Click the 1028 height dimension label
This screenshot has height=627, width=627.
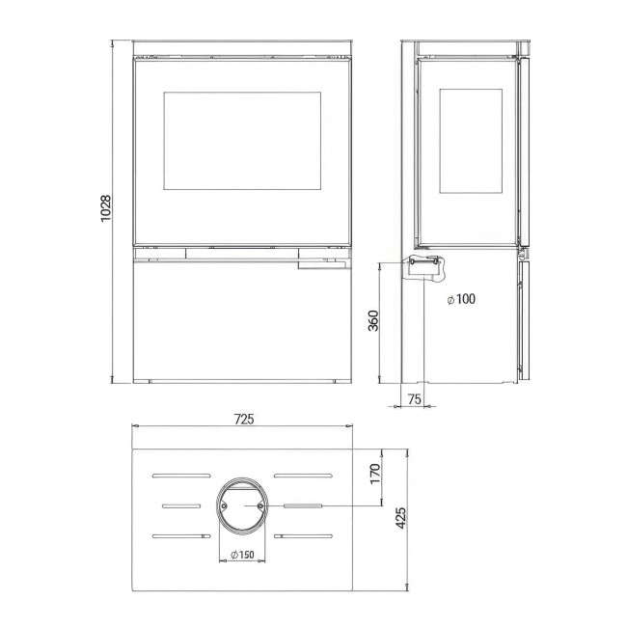point(105,208)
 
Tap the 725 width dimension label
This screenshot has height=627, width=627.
point(244,419)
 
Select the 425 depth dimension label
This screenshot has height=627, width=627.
point(400,518)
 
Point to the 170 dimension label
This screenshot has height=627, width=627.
point(375,474)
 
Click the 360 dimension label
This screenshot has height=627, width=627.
point(373,320)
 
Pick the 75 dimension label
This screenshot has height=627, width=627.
point(415,398)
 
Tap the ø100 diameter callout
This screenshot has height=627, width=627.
point(461,299)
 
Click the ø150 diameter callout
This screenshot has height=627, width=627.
point(242,555)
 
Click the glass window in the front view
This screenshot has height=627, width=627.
point(242,141)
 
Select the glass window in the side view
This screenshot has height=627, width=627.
point(471,141)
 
